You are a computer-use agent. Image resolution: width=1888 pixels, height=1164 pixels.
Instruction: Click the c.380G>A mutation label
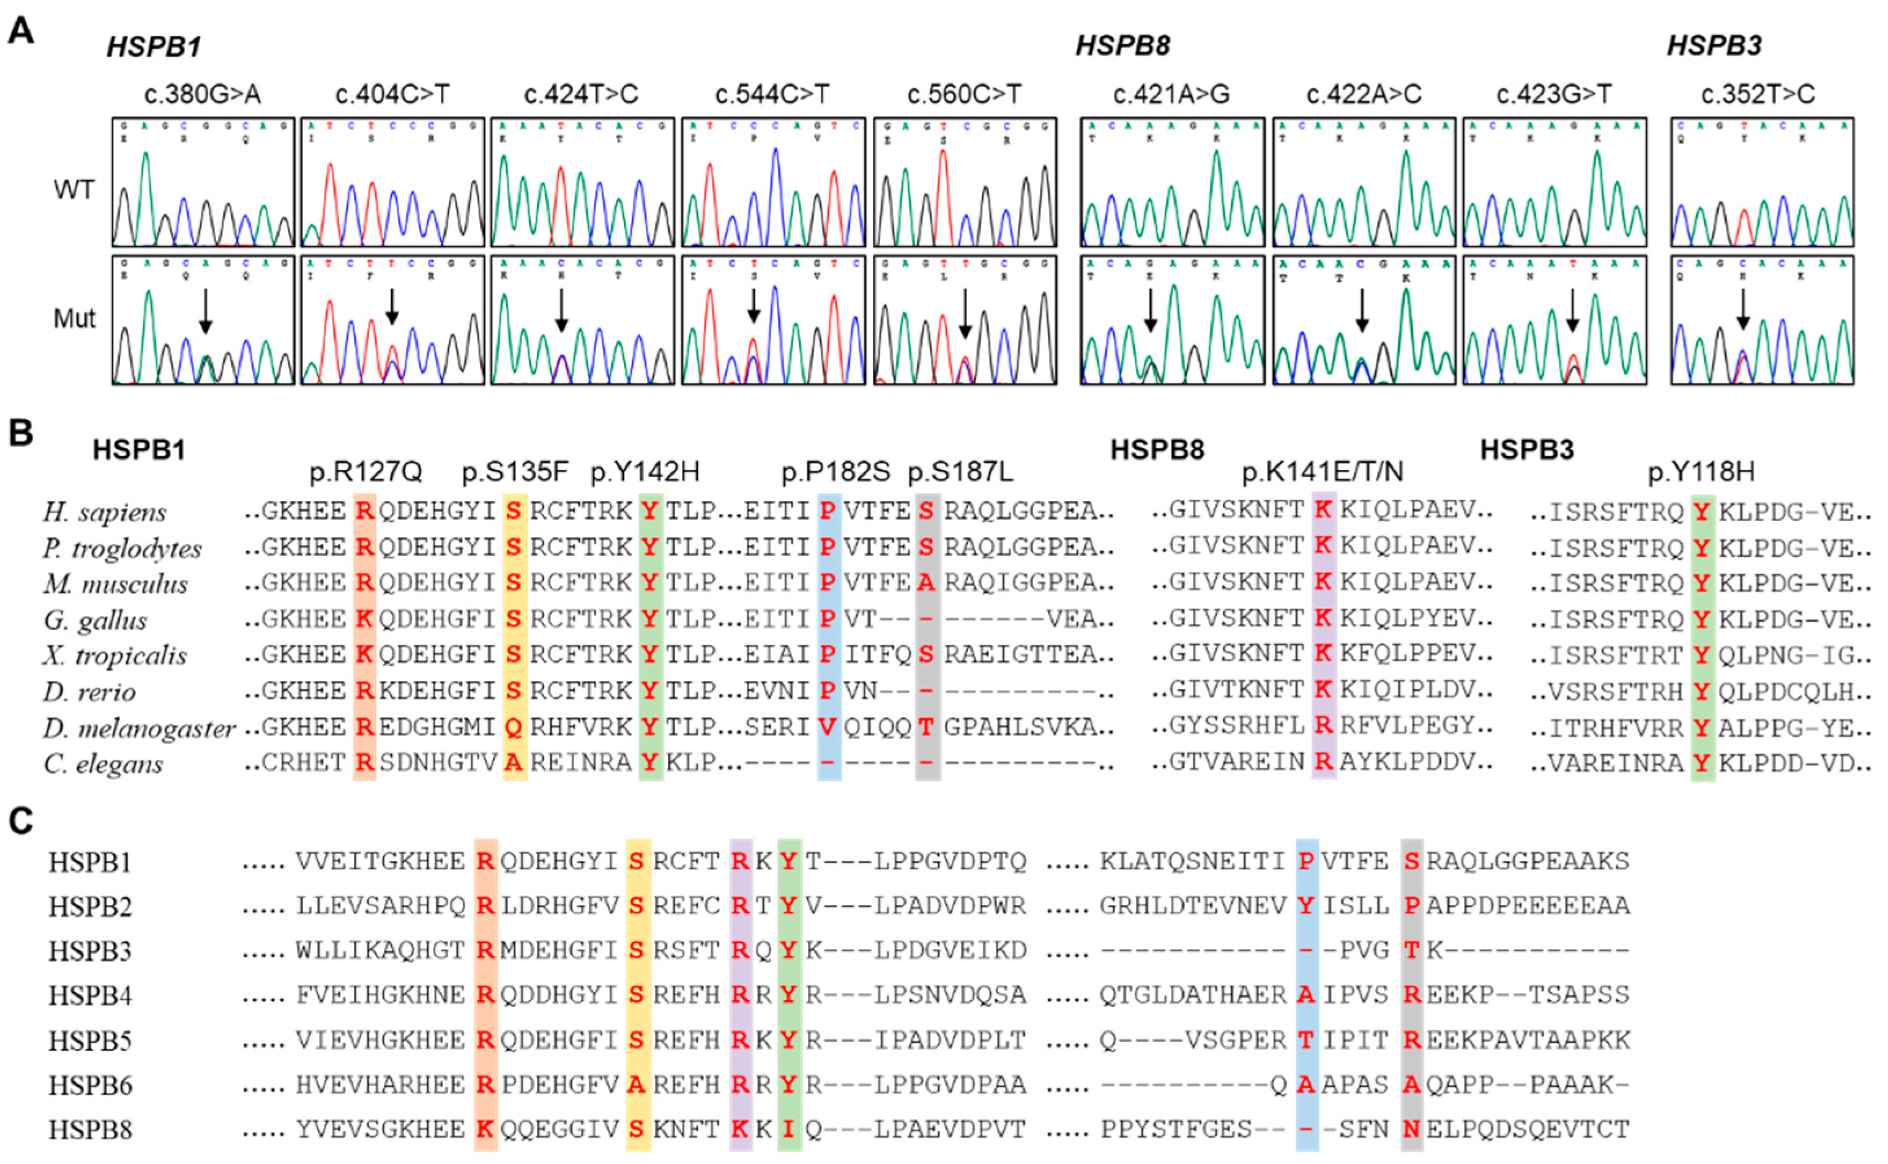coord(202,94)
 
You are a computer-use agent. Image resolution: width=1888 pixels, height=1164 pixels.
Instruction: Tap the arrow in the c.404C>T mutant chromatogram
coord(392,306)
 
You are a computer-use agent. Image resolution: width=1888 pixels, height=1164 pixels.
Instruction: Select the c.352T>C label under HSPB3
coord(1758,94)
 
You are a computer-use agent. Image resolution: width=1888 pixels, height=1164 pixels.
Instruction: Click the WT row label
coord(74,189)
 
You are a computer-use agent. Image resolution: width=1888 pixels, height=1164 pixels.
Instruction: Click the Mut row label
coord(74,318)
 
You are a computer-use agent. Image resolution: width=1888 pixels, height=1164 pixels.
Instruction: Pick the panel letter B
coord(21,433)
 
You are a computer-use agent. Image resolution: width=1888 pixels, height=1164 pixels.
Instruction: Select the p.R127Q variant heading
coord(366,472)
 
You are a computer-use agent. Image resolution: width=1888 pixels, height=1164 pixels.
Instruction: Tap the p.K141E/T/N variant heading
coord(1322,472)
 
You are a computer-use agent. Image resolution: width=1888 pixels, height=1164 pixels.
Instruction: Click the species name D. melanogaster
coord(138,728)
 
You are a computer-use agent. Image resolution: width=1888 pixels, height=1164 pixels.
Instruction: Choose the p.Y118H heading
coord(1701,472)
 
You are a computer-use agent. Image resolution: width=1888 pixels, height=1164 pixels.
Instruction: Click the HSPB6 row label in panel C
coord(90,1085)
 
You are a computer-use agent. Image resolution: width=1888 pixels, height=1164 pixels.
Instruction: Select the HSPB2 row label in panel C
coord(90,907)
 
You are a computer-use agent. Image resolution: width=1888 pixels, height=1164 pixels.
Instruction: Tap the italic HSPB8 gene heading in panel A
coord(1122,46)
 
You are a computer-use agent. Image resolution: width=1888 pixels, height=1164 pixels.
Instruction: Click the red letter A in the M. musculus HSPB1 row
coord(927,583)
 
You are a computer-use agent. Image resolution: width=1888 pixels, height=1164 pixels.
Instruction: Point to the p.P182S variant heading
coord(835,472)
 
